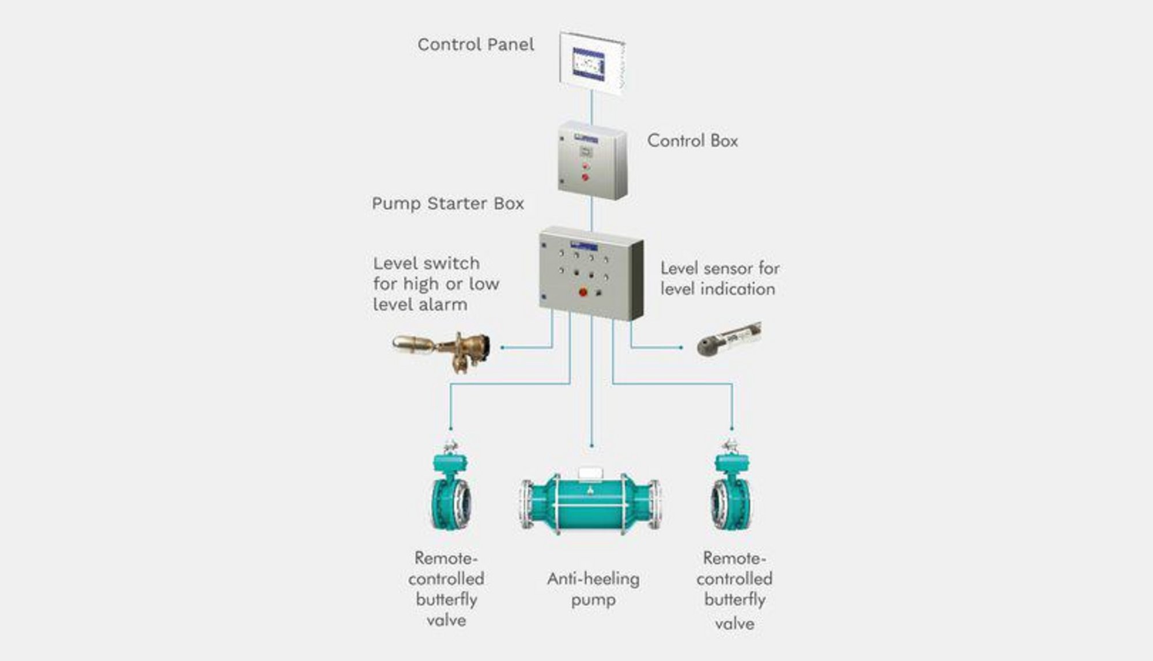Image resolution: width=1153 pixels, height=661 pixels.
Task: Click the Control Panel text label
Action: tap(476, 44)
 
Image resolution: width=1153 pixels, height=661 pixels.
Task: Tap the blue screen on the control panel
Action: tap(589, 63)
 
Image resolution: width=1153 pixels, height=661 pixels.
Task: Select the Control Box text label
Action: tap(692, 141)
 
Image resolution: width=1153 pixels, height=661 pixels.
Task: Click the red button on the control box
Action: tap(585, 176)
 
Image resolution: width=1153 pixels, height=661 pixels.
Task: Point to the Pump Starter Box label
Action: tap(448, 204)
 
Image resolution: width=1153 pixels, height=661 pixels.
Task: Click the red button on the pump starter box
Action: tap(583, 292)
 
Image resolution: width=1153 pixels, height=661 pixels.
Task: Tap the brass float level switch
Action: tap(442, 350)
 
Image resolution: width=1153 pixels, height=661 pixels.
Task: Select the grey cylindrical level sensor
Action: tap(729, 339)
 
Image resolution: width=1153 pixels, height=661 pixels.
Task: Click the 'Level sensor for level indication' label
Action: tap(720, 279)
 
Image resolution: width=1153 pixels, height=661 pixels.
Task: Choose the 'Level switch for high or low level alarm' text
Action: tap(436, 284)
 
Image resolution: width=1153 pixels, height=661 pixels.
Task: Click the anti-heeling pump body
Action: tap(590, 503)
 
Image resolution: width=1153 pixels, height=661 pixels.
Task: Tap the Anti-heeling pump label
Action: tap(593, 589)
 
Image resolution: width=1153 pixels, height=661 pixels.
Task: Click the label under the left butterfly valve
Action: tap(446, 589)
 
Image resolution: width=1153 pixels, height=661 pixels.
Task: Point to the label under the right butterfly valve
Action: tap(734, 590)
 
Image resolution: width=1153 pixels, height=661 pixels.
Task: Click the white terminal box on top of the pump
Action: tap(591, 473)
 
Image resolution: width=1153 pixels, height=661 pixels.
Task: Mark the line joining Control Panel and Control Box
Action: tap(591, 107)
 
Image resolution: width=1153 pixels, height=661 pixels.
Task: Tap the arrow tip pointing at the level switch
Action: tap(503, 348)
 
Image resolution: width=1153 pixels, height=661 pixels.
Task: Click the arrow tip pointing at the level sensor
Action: tap(681, 348)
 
